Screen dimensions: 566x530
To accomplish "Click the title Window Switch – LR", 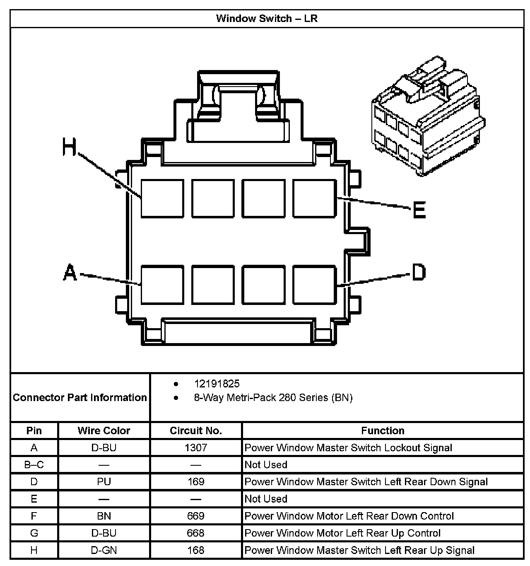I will (x=267, y=19).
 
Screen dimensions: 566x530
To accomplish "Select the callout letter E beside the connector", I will (x=419, y=210).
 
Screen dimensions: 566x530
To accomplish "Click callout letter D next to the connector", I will (x=418, y=273).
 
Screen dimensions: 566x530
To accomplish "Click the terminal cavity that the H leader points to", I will (x=162, y=198).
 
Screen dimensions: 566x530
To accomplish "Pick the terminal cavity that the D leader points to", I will (x=314, y=285).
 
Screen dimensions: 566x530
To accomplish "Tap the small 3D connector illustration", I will (x=428, y=118).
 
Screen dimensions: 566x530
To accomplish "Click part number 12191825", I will (x=217, y=384).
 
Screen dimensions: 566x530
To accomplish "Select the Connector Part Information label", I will (x=80, y=398).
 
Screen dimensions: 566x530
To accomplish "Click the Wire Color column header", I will (x=104, y=431).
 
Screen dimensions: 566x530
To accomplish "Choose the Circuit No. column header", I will (x=196, y=431).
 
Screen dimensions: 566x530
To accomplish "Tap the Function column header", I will (x=383, y=431).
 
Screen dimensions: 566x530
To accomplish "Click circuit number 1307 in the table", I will (x=196, y=448).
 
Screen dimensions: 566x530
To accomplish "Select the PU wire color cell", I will (x=104, y=482).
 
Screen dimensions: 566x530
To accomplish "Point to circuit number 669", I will (x=196, y=516).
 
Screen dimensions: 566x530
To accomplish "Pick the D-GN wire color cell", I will (x=104, y=550).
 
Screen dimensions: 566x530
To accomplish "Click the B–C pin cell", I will (x=34, y=465).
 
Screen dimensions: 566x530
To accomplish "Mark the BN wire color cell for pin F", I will (x=104, y=516).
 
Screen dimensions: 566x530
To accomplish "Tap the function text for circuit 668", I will (x=342, y=533).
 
